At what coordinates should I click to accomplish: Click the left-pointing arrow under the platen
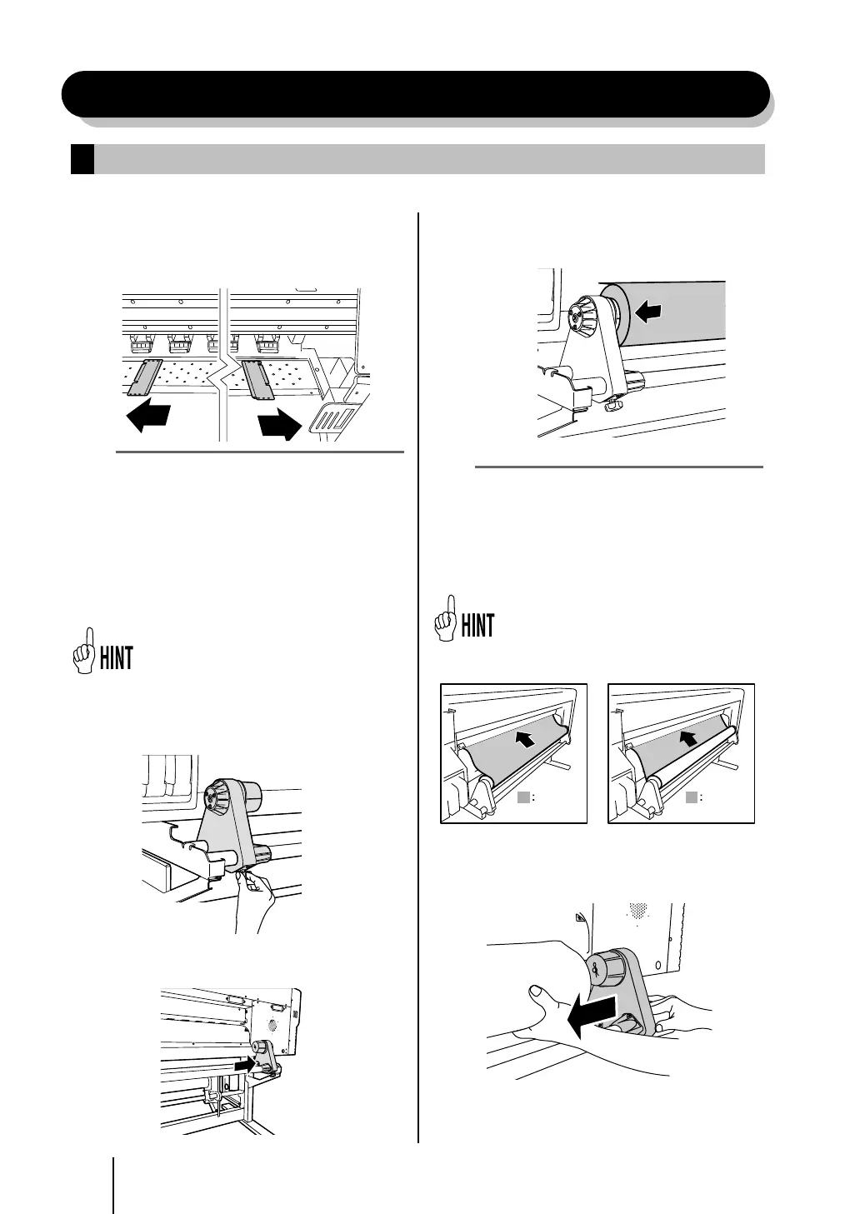(151, 416)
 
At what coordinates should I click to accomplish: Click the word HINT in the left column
(117, 658)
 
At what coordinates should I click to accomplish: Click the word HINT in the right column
(478, 626)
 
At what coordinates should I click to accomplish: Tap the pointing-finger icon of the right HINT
(448, 618)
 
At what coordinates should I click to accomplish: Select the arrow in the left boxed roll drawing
(524, 737)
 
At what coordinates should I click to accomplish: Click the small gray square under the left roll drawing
(522, 797)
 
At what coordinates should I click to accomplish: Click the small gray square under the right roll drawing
(691, 797)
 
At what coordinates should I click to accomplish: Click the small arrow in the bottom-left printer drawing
(243, 1065)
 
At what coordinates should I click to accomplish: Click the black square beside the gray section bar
(82, 159)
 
